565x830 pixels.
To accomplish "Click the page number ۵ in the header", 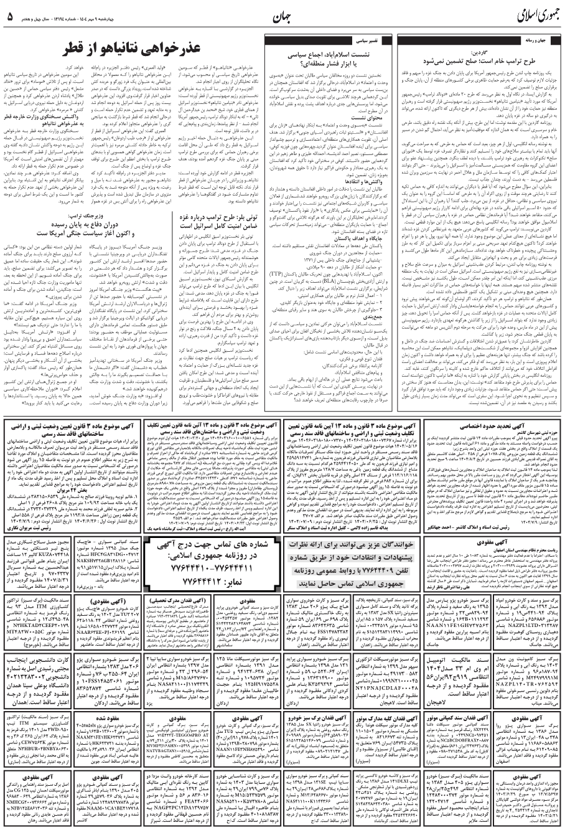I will pyautogui.click(x=11, y=16).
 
